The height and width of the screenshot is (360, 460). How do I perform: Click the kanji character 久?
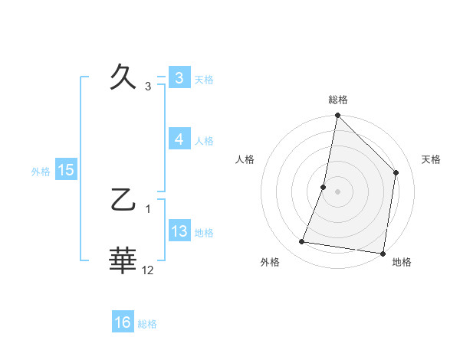pyautogui.click(x=123, y=78)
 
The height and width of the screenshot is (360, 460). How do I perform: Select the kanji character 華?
pyautogui.click(x=123, y=260)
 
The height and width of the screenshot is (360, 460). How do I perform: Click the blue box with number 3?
pyautogui.click(x=179, y=78)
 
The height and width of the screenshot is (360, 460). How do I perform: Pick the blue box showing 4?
pyautogui.click(x=179, y=139)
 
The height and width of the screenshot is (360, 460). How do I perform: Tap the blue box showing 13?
pyautogui.click(x=179, y=231)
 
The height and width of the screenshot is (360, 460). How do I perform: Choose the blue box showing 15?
pyautogui.click(x=66, y=170)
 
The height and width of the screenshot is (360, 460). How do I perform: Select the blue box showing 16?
pyautogui.click(x=123, y=323)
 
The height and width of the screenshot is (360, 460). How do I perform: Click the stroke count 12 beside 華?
pyautogui.click(x=148, y=270)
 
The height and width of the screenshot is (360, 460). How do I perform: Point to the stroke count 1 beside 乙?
pyautogui.click(x=148, y=209)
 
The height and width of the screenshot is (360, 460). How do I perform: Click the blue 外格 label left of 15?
pyautogui.click(x=41, y=172)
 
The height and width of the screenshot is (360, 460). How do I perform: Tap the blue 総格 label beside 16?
pyautogui.click(x=147, y=324)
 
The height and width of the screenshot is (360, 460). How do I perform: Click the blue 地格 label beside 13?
pyautogui.click(x=204, y=233)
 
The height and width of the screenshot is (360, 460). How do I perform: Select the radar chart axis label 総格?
pyautogui.click(x=338, y=100)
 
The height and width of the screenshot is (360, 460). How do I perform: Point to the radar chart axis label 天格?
pyautogui.click(x=432, y=159)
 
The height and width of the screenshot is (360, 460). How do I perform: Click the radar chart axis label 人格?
pyautogui.click(x=245, y=159)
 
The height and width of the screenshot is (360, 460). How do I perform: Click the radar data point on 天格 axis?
pyautogui.click(x=396, y=172)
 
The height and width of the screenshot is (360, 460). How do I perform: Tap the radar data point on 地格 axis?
pyautogui.click(x=383, y=253)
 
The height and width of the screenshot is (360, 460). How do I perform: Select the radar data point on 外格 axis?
pyautogui.click(x=302, y=242)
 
